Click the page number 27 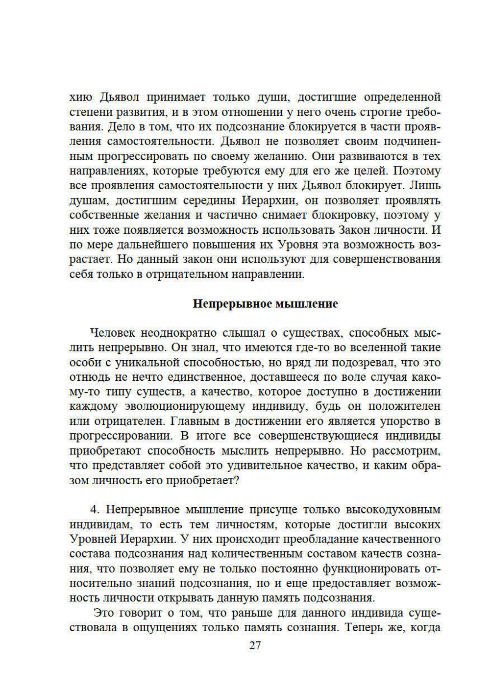click(x=255, y=645)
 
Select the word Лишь click(x=425, y=186)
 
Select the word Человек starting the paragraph click(x=112, y=333)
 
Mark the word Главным click(x=198, y=421)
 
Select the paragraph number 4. click(x=95, y=510)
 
